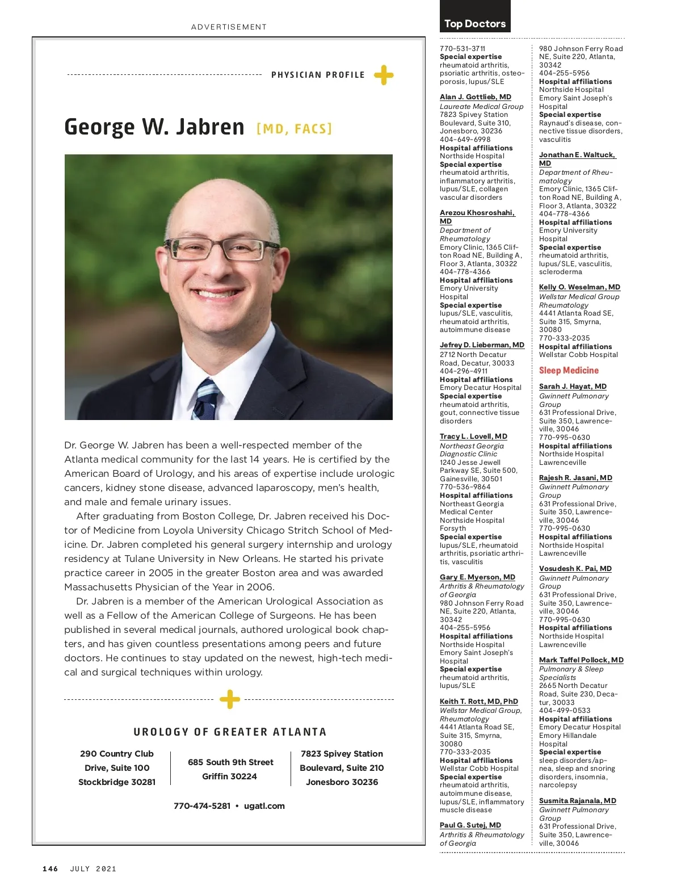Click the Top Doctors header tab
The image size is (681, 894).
475,23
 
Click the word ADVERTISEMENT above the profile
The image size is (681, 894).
229,27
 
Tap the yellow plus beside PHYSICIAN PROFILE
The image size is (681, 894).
384,75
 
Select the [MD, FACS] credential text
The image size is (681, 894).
294,129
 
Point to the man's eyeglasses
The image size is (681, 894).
222,249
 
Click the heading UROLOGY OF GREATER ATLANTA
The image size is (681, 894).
230,732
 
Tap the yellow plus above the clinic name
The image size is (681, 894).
229,699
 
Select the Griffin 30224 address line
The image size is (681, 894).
230,776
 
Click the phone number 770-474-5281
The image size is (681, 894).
202,805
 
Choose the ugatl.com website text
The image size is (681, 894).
264,805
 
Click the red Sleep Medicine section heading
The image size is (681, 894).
569,370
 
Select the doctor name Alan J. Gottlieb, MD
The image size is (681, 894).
476,97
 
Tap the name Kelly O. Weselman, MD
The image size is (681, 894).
579,287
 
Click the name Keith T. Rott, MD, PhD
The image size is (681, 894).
479,701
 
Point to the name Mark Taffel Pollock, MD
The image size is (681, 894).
581,660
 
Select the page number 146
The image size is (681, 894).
51,868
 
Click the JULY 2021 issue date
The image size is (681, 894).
93,868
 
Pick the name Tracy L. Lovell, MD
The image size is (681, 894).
473,436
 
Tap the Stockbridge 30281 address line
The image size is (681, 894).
117,782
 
